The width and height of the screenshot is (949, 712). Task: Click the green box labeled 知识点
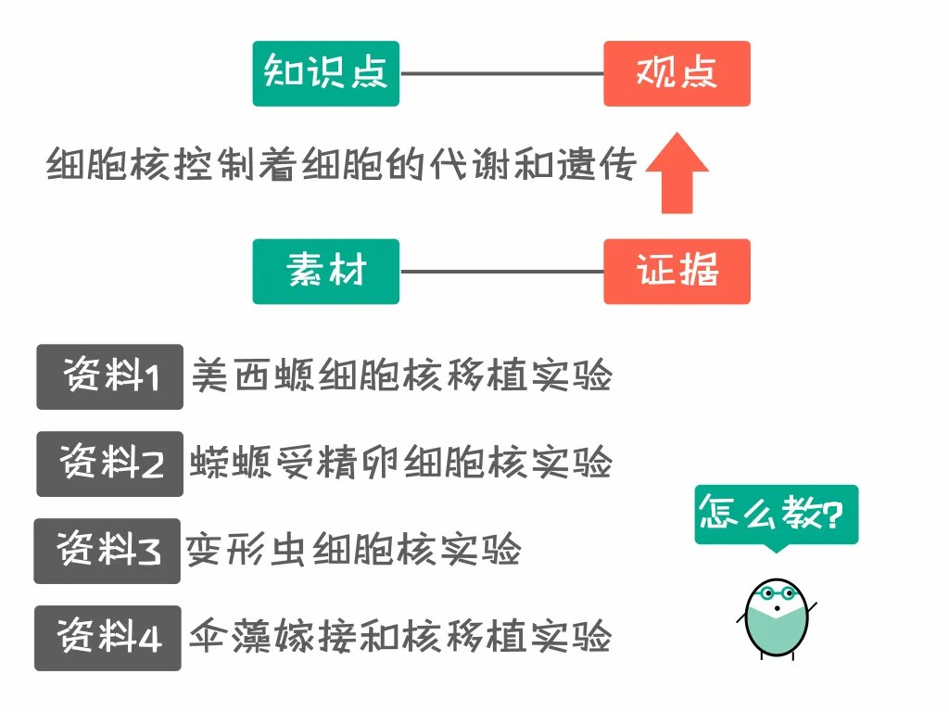tap(325, 73)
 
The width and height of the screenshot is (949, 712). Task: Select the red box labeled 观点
tap(677, 73)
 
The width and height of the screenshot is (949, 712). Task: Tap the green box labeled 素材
tap(325, 272)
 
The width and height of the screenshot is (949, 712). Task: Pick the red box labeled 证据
tap(677, 272)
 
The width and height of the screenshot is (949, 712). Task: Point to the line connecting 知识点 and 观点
tap(501, 73)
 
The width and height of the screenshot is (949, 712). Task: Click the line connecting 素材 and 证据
tap(501, 272)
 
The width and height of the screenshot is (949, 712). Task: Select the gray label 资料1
tap(109, 376)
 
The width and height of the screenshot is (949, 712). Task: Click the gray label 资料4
tap(108, 638)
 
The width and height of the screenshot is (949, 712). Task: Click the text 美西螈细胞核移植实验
tap(401, 376)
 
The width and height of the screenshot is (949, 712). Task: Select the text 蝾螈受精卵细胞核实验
tap(401, 463)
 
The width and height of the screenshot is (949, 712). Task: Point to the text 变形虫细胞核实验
tap(353, 551)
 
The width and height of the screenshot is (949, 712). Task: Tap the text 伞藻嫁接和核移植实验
tap(400, 637)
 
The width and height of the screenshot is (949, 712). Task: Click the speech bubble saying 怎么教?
tap(777, 515)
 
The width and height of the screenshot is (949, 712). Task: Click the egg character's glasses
tap(776, 594)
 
